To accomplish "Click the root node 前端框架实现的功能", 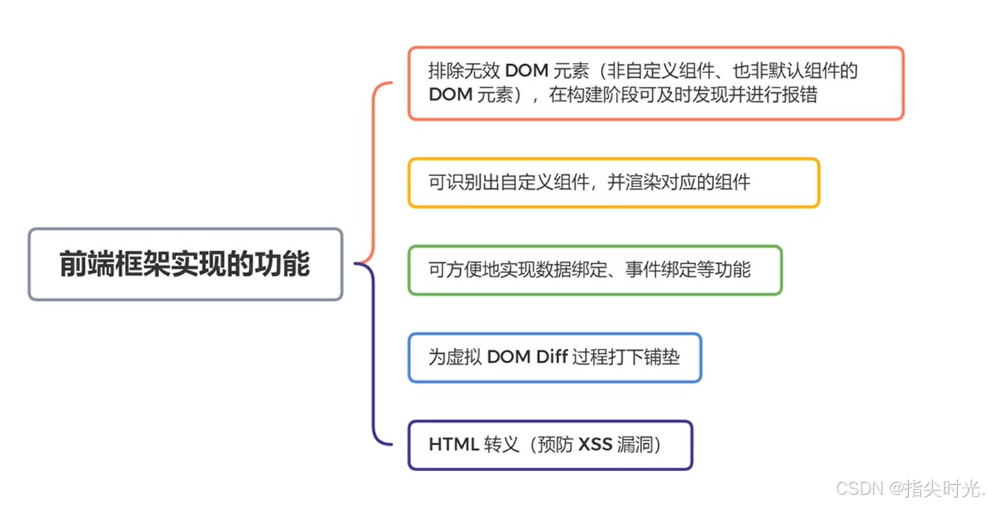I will (x=185, y=264).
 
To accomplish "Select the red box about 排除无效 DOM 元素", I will (x=655, y=83).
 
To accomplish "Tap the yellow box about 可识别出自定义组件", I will (x=613, y=182).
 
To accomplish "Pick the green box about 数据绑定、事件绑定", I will (x=595, y=270).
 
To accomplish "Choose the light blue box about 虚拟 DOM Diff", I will (x=554, y=357).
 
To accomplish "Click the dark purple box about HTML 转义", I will (x=550, y=445).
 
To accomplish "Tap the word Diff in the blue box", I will (x=550, y=357).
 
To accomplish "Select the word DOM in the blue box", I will (x=505, y=357).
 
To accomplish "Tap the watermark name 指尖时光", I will (x=944, y=489).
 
